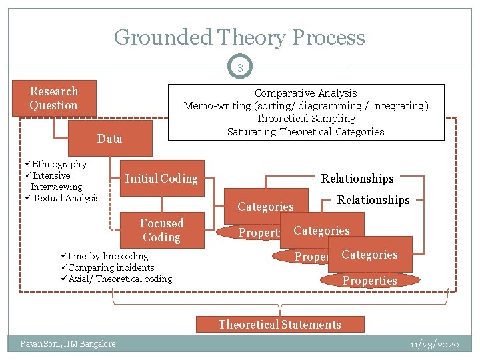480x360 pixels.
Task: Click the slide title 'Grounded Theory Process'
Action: [239, 37]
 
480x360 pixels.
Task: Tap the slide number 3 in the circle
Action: [239, 68]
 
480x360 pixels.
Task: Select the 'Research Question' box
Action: [54, 98]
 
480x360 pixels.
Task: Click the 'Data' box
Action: [110, 139]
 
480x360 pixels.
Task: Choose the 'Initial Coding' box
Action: [161, 178]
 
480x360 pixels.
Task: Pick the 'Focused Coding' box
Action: [161, 230]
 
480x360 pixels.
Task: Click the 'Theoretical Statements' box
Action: [280, 325]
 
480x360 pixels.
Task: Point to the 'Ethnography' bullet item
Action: [59, 164]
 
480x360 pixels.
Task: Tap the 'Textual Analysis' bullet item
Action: [65, 198]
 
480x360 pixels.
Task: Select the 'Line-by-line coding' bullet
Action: [108, 256]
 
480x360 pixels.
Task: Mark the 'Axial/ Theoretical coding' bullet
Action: [120, 279]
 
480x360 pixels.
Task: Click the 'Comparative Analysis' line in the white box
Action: [306, 93]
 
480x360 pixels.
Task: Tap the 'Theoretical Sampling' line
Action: [306, 119]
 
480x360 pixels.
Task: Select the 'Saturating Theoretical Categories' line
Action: [306, 131]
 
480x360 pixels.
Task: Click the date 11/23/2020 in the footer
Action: [434, 344]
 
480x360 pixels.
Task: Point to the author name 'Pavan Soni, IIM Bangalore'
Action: [67, 343]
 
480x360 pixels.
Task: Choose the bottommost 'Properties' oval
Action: [370, 281]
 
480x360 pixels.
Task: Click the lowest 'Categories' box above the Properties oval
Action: [369, 255]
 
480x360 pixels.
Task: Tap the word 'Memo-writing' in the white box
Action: [217, 106]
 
